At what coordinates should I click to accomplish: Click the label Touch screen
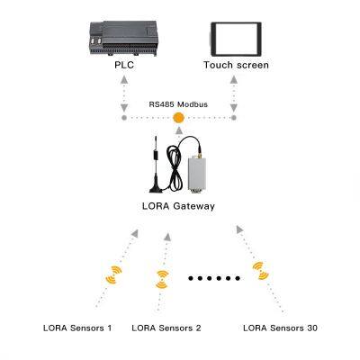236,66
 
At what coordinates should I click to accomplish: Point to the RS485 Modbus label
178,104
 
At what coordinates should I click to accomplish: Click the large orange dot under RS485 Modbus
178,117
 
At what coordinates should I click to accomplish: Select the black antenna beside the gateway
156,166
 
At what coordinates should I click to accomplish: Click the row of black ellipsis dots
212,279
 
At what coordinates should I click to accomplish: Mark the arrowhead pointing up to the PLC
123,79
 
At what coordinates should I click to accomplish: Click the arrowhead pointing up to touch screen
234,79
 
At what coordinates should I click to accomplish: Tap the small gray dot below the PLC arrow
123,117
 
